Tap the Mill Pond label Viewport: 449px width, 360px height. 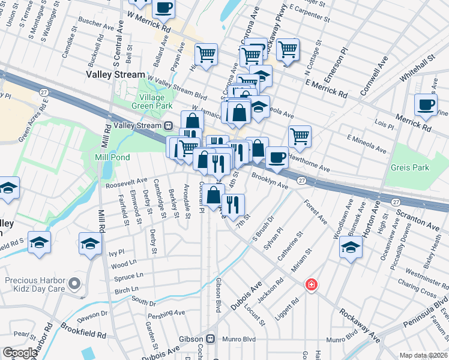pyautogui.click(x=113, y=157)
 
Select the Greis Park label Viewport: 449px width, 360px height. pyautogui.click(x=410, y=167)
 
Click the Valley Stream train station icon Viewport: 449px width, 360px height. pyautogui.click(x=169, y=125)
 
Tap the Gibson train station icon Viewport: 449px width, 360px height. pyautogui.click(x=209, y=338)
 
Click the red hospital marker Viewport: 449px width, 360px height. pyautogui.click(x=310, y=283)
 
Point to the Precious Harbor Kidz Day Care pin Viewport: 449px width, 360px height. pyautogui.click(x=74, y=283)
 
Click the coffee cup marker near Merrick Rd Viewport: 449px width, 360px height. pyautogui.click(x=426, y=104)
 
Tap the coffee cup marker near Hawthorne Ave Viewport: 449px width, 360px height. pyautogui.click(x=277, y=157)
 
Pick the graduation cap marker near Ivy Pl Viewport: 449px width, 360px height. pyautogui.click(x=90, y=242)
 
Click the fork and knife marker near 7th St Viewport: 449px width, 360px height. pyautogui.click(x=233, y=204)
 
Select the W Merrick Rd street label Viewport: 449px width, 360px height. pyautogui.click(x=149, y=24)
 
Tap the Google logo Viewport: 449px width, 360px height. pyautogui.click(x=20, y=353)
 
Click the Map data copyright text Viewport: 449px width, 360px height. pyautogui.click(x=424, y=355)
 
